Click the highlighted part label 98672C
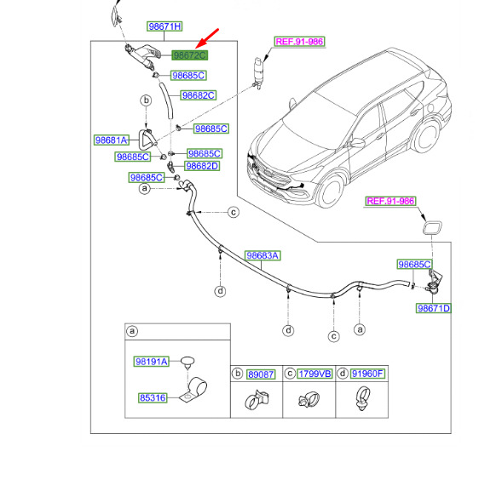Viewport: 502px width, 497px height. coord(190,55)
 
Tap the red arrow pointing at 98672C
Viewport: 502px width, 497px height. coord(207,38)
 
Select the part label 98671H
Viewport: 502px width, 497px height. coord(164,26)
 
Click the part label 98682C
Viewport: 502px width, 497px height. coord(199,95)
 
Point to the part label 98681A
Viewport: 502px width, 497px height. coord(112,140)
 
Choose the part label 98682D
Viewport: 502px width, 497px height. coord(202,166)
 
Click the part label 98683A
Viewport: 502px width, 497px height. coord(263,255)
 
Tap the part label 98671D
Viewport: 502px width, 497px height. coord(434,308)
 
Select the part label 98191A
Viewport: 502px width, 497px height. coord(152,362)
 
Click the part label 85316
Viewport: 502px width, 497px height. coord(153,398)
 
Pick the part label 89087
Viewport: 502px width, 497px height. coord(261,374)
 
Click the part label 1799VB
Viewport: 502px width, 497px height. coord(314,374)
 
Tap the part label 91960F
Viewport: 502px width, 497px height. coord(367,374)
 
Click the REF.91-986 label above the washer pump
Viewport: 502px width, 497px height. coord(300,42)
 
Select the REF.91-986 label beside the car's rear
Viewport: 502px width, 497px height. coord(390,201)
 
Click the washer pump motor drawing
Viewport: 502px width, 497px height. coord(257,73)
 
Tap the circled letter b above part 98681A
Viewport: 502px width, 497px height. coord(146,100)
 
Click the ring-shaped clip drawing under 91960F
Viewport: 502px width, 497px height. coord(362,398)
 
